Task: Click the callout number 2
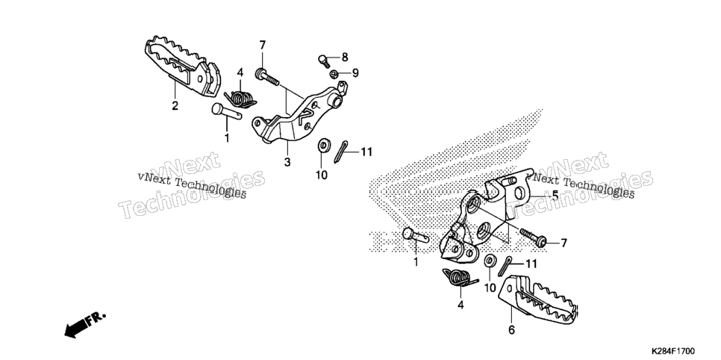click(x=175, y=105)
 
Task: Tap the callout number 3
click(x=287, y=162)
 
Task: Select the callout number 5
click(x=555, y=196)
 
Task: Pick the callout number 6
click(x=512, y=329)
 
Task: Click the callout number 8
click(x=344, y=57)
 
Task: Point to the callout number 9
click(x=355, y=72)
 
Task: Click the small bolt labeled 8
click(x=324, y=60)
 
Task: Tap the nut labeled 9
click(x=333, y=74)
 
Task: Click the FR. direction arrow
click(x=84, y=325)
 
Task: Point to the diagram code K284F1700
click(x=672, y=351)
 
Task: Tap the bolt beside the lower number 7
click(x=534, y=236)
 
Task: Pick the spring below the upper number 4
click(x=240, y=99)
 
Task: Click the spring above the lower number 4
click(x=459, y=278)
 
